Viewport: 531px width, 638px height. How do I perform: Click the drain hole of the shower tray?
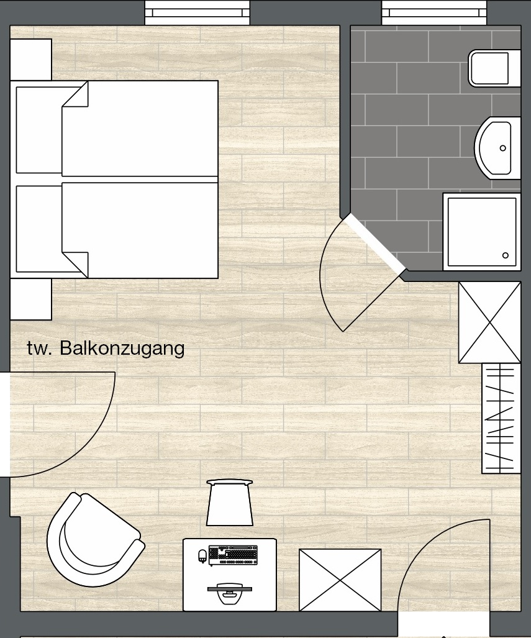click(506, 255)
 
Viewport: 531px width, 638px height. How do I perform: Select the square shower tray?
click(482, 232)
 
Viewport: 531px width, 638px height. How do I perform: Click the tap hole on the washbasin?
click(503, 148)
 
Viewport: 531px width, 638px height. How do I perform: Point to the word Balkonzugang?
click(122, 349)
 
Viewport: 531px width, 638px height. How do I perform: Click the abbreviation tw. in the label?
click(40, 349)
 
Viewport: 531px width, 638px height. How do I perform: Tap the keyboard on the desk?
click(233, 555)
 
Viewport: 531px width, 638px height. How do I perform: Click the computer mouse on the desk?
click(202, 556)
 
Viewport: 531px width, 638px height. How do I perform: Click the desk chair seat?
click(230, 503)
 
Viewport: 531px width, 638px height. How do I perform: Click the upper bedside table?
click(30, 60)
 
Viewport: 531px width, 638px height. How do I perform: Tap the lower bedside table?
click(30, 299)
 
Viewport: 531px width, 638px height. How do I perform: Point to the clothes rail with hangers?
click(501, 418)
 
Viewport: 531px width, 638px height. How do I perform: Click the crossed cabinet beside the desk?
click(340, 580)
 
